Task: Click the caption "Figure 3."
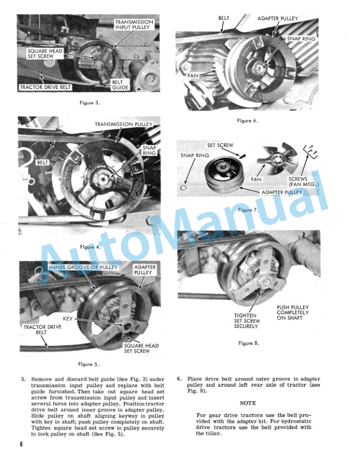tap(90, 102)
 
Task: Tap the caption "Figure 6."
tap(248, 120)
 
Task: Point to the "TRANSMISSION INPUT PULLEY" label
tap(134, 25)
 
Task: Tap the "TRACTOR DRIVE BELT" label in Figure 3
tap(45, 87)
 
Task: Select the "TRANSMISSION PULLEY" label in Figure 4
tap(124, 124)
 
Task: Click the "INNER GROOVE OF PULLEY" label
tap(84, 267)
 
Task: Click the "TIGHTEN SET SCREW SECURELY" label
tap(245, 321)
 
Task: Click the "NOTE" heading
tap(248, 403)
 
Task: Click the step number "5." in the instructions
tap(24, 380)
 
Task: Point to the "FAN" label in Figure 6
tap(194, 75)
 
